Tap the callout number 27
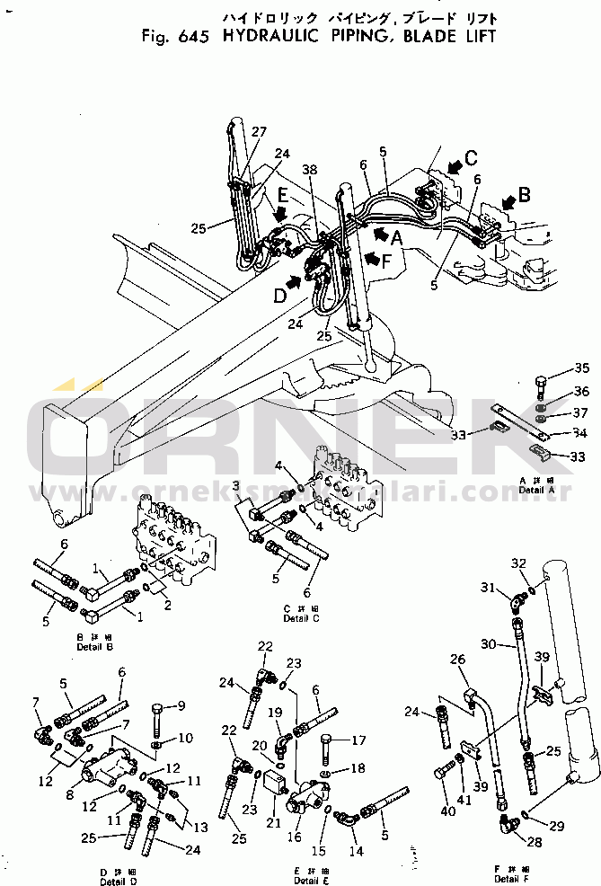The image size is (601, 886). (259, 132)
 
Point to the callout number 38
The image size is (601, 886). (310, 169)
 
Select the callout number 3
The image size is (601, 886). (235, 485)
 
